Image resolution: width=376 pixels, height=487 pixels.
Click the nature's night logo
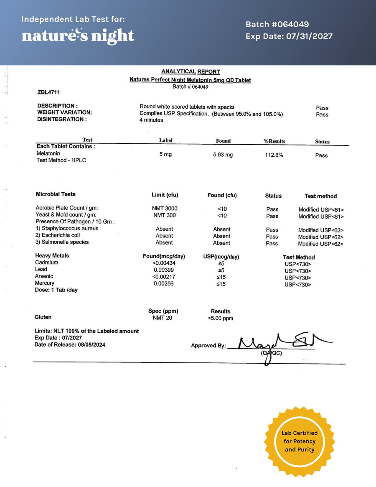[x=78, y=36]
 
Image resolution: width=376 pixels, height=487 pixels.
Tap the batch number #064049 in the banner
[x=277, y=24]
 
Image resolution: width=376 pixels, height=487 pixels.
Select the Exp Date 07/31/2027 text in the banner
[x=289, y=36]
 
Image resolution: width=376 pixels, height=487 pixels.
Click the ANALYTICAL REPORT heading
[x=191, y=71]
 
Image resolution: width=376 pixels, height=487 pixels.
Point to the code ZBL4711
[x=48, y=92]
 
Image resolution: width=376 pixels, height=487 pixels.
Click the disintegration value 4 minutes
[x=151, y=120]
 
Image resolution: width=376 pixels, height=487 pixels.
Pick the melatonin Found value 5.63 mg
[x=223, y=155]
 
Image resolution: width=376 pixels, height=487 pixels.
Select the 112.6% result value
[x=274, y=155]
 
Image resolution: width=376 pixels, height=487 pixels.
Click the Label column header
[x=166, y=140]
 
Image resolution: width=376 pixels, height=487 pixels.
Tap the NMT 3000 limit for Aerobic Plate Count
[x=164, y=208]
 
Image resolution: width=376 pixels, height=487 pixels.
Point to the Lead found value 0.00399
[x=164, y=270]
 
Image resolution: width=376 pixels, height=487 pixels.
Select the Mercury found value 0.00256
[x=164, y=283]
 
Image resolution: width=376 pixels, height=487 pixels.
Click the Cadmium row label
[x=47, y=263]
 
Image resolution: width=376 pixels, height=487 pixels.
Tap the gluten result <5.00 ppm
[x=220, y=319]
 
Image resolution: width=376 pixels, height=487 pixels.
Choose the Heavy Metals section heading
[x=52, y=255]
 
